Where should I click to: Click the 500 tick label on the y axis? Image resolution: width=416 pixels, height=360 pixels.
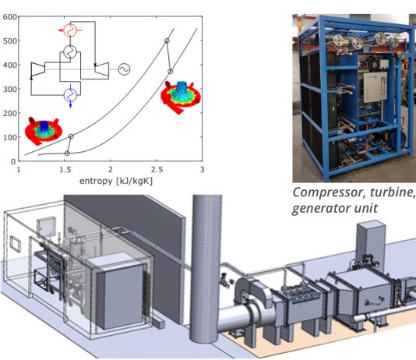tap(10, 41)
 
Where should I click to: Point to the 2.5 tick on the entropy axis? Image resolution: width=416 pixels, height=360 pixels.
tap(157, 170)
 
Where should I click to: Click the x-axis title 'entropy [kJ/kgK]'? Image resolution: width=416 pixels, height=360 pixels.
tap(116, 182)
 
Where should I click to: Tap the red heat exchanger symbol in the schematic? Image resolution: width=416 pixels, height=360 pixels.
tap(70, 30)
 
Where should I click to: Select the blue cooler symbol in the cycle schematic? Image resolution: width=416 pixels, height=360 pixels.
tap(70, 95)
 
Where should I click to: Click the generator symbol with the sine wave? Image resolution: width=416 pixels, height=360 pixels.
tap(124, 69)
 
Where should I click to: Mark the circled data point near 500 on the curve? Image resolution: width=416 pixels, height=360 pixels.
tap(167, 41)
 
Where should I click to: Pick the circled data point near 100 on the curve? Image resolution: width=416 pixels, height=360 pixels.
tap(71, 136)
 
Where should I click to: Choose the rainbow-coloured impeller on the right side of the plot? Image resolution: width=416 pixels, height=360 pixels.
tap(181, 97)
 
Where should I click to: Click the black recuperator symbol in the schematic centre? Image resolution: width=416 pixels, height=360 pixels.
tap(70, 51)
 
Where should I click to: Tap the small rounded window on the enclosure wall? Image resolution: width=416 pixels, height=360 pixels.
tap(16, 245)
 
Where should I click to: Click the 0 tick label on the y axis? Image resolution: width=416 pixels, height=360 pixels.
tap(13, 161)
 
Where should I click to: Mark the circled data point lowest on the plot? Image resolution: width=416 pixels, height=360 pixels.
tap(67, 154)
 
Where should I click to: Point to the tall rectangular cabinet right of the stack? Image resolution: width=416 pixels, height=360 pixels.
tap(371, 242)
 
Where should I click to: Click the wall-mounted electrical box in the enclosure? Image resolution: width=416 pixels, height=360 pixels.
tap(46, 227)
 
